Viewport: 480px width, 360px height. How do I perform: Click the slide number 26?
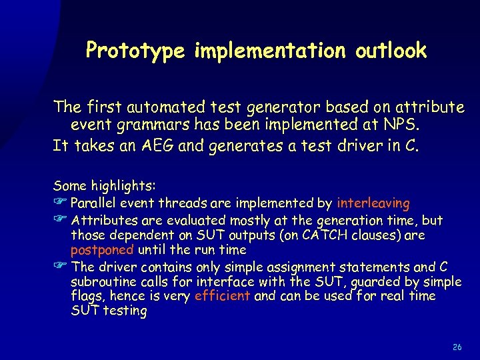coord(457,347)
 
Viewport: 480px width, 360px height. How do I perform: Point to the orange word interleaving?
coord(373,203)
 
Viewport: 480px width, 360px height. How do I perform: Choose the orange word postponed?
coord(103,250)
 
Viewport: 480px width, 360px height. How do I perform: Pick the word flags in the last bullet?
coord(87,295)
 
